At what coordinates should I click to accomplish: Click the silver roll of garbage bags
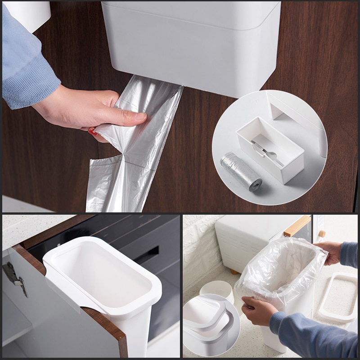241,171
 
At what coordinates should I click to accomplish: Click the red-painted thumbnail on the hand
93,132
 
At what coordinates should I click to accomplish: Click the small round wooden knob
321,234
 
